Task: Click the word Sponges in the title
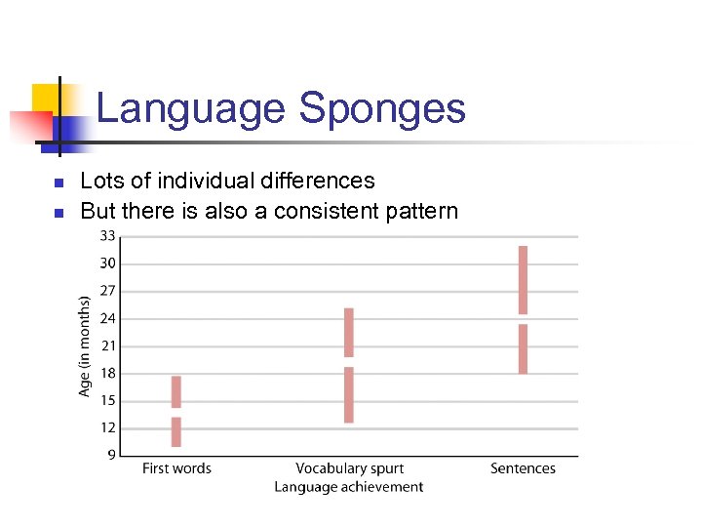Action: (x=382, y=109)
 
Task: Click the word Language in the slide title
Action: (x=193, y=109)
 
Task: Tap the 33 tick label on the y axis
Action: (x=106, y=236)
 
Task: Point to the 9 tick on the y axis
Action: (x=110, y=455)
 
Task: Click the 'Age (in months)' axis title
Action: (x=85, y=345)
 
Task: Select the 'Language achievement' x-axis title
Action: (x=349, y=487)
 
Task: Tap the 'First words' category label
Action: (x=176, y=468)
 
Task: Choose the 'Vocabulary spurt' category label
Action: (x=349, y=468)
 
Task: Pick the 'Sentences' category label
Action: (x=523, y=468)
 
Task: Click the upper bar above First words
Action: (x=176, y=391)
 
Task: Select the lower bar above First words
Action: (x=176, y=431)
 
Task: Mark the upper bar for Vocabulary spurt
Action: (x=349, y=333)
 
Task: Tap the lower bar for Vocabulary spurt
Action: (x=349, y=394)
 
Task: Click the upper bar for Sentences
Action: (x=523, y=280)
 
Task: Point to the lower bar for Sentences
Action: (x=523, y=348)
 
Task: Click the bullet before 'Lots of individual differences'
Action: (x=58, y=182)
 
